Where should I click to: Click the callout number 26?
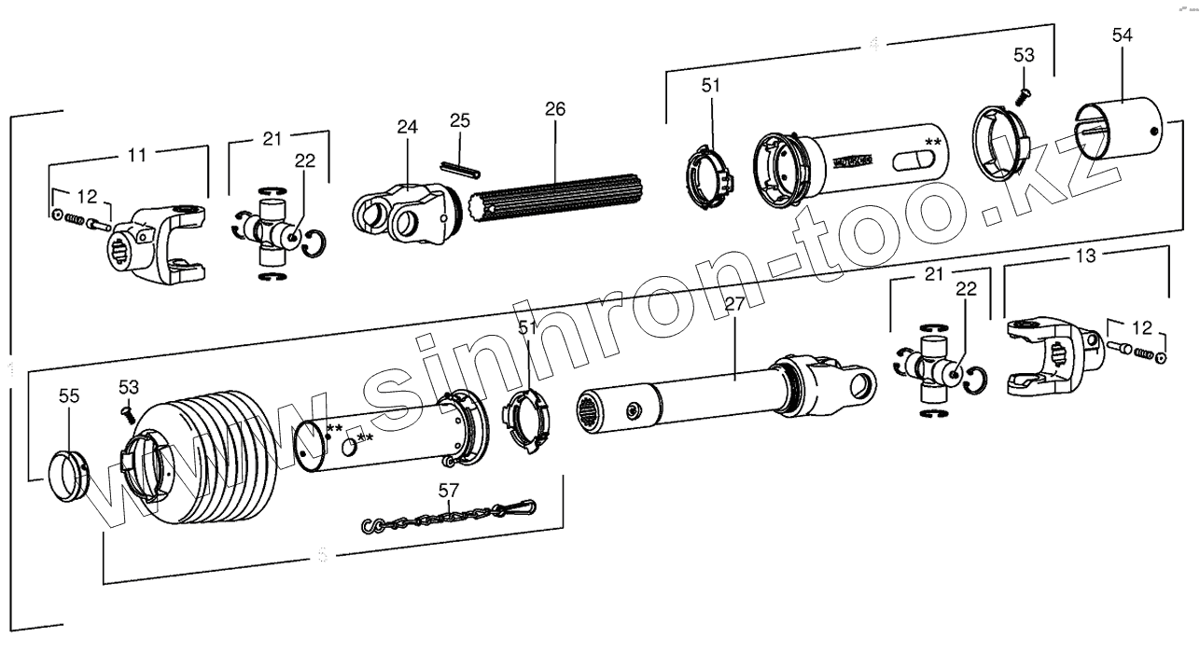555,109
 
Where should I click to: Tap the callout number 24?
407,127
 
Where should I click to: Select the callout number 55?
69,395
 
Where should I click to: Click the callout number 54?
1123,35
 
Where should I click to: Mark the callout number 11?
137,155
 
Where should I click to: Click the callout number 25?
460,120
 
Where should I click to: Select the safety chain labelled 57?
448,517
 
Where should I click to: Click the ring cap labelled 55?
68,475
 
